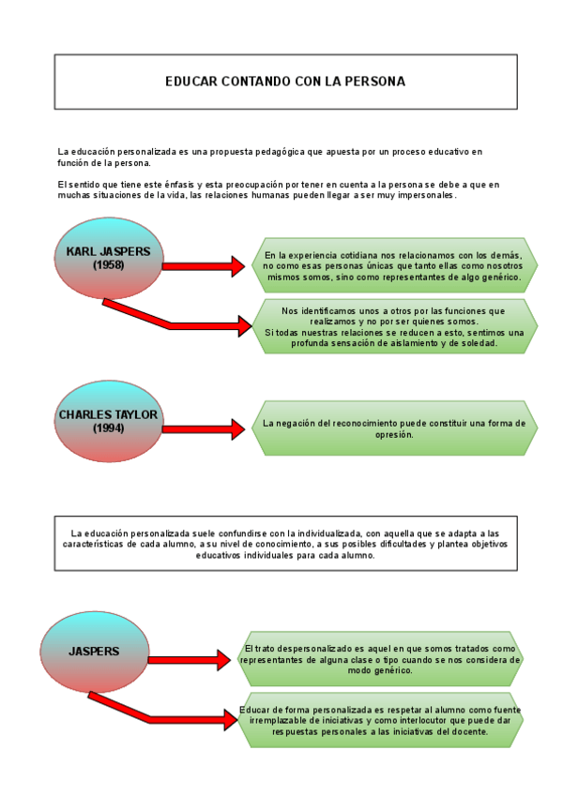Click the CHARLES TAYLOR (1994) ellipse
click(x=109, y=421)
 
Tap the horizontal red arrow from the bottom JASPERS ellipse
click(x=189, y=660)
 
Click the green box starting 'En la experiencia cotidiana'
click(x=394, y=266)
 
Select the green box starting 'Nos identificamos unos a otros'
click(x=394, y=327)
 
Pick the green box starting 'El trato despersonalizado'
click(x=380, y=659)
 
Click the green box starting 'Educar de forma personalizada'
click(x=380, y=720)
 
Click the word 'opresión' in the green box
click(x=393, y=434)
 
